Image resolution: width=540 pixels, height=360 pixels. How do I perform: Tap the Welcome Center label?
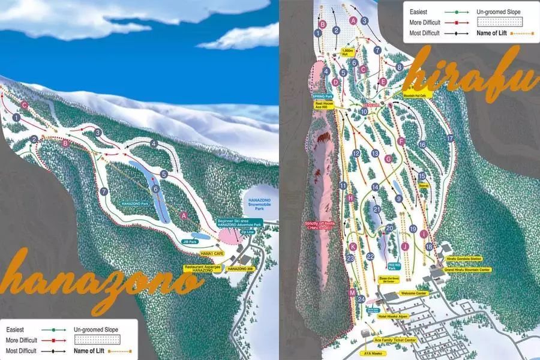click(x=413, y=293)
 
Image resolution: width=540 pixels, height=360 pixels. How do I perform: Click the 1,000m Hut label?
click(x=347, y=52)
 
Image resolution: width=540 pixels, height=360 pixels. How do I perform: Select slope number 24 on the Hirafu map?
click(x=361, y=299)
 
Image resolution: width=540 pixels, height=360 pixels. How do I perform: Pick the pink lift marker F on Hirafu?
click(x=401, y=142)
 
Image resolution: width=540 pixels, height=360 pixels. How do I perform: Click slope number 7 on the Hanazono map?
click(x=104, y=191)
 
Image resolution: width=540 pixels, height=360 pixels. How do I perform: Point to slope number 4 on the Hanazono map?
click(x=154, y=144)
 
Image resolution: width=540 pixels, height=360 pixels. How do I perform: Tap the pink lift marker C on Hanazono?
click(x=25, y=104)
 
